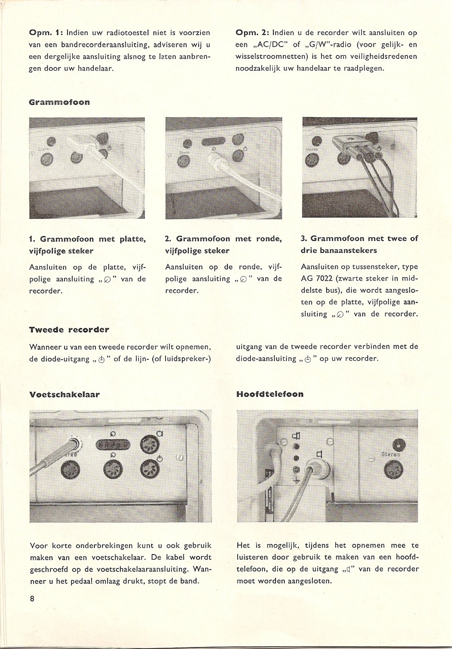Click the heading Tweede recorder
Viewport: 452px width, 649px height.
[69, 329]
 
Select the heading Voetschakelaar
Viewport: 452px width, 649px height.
[64, 394]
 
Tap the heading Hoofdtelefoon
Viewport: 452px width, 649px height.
[269, 394]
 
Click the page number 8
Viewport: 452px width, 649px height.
[32, 599]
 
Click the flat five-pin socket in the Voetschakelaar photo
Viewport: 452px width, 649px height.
[114, 444]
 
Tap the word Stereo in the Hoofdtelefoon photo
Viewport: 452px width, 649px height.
[391, 455]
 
